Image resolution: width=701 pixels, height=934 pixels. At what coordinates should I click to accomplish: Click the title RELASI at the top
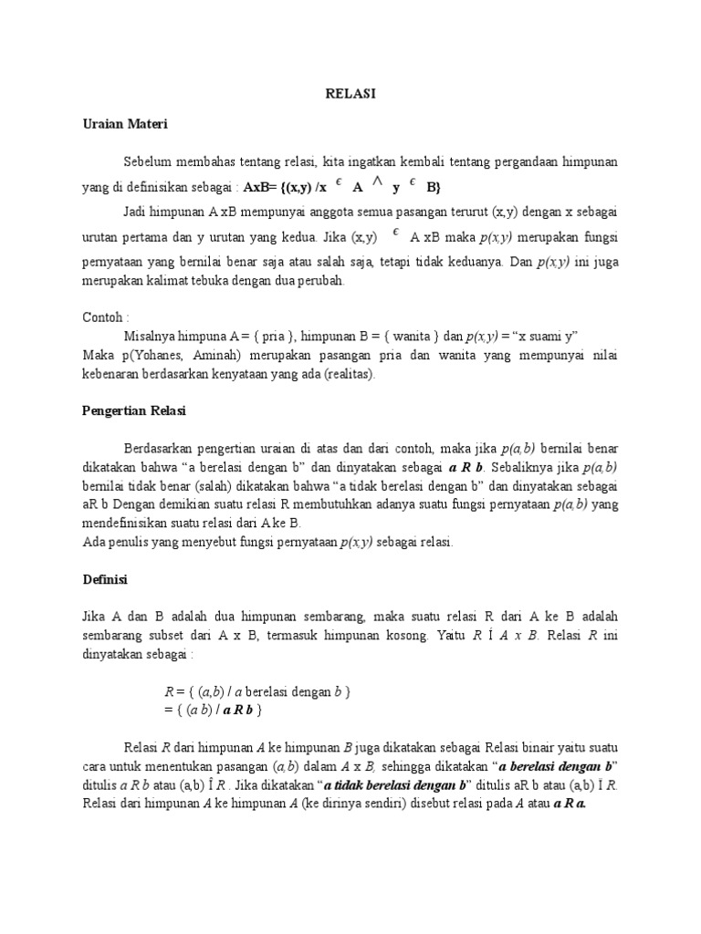350,93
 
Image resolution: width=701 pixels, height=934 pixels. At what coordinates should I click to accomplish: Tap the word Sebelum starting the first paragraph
149,161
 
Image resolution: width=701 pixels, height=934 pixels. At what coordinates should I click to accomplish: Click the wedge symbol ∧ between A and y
375,182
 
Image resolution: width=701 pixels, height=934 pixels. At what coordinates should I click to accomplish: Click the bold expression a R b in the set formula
237,709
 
